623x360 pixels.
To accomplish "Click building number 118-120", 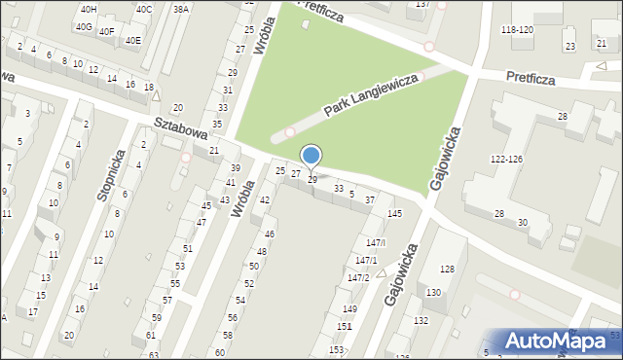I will pyautogui.click(x=517, y=30).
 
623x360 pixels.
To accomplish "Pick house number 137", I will pyautogui.click(x=422, y=5).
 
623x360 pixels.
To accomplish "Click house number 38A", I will pyautogui.click(x=180, y=9).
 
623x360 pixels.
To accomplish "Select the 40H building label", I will pyautogui.click(x=88, y=9).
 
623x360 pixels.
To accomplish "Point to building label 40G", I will pyautogui.click(x=84, y=27).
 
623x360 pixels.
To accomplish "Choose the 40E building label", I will pyautogui.click(x=131, y=40).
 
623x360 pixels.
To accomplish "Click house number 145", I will pyautogui.click(x=394, y=213).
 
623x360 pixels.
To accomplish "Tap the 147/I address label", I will pyautogui.click(x=376, y=241).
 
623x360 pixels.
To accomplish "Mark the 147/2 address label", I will pyautogui.click(x=358, y=277).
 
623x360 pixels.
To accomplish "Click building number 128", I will pyautogui.click(x=447, y=269).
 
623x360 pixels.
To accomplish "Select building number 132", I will pyautogui.click(x=421, y=320).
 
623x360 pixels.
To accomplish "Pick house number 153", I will pyautogui.click(x=336, y=349).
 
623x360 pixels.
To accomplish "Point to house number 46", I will pyautogui.click(x=270, y=234).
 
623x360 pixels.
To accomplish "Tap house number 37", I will pyautogui.click(x=370, y=199).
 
